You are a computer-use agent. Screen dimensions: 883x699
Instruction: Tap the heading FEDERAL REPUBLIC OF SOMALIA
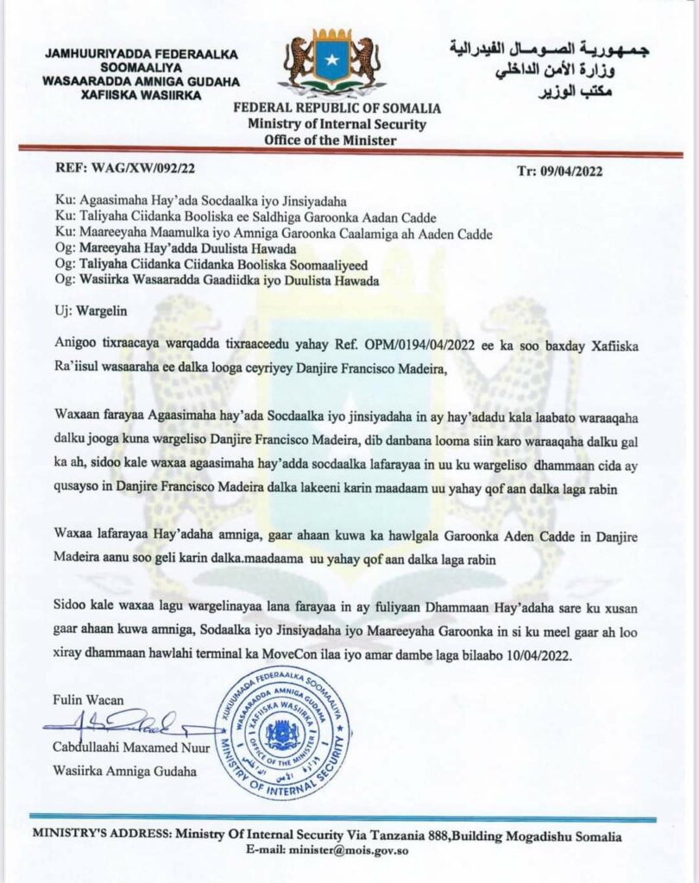(x=337, y=109)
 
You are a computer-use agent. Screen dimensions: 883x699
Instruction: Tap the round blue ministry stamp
(x=281, y=734)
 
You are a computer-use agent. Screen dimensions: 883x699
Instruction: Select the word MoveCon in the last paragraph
(x=293, y=654)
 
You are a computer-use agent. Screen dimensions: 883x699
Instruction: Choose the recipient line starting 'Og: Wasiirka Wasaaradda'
(x=216, y=279)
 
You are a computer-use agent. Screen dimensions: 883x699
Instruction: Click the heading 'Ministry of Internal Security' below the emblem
(x=337, y=124)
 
